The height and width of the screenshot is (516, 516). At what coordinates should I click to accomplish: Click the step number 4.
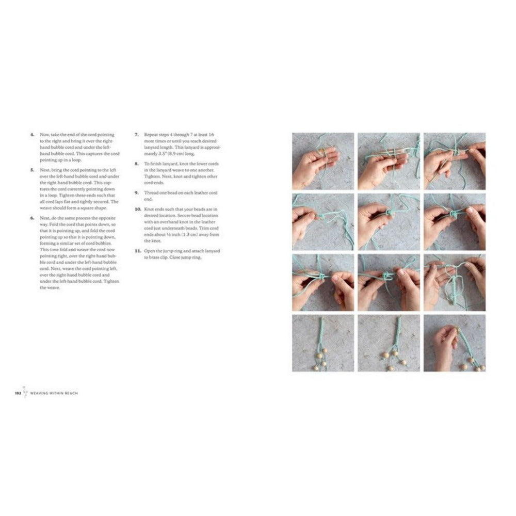click(x=32, y=135)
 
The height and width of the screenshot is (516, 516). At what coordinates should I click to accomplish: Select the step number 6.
click(x=32, y=218)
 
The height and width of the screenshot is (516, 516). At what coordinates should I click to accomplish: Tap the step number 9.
click(x=136, y=192)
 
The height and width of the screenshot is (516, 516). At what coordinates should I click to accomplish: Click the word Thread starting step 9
click(x=151, y=192)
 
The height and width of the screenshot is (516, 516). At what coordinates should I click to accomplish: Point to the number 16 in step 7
click(x=213, y=135)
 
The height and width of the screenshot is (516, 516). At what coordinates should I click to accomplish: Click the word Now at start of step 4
click(x=44, y=135)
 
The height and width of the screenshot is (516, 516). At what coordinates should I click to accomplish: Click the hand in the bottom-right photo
click(x=444, y=343)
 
